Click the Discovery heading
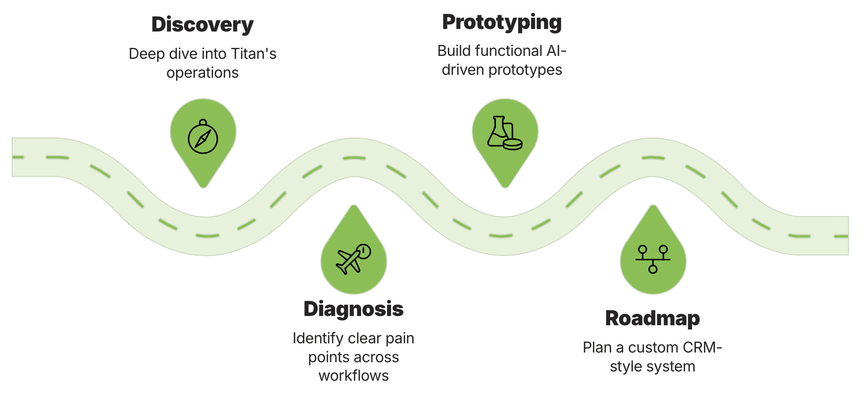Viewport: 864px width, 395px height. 203,25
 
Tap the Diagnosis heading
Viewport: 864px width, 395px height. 353,309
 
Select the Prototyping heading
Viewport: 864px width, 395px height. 502,22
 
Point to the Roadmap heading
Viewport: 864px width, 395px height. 653,319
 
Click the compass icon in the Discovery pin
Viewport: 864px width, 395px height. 203,137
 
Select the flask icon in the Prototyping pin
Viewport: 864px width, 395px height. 504,133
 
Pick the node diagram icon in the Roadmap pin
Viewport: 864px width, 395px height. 653,259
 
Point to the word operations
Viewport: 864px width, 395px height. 203,73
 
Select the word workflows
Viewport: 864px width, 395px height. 353,376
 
